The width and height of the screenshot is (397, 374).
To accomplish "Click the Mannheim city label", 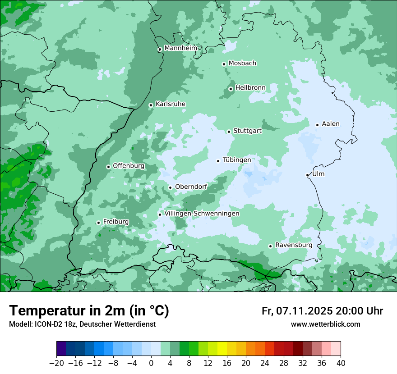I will [181, 48].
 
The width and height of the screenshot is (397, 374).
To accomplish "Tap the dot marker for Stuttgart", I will [229, 132].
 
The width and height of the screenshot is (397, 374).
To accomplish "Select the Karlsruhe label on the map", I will [171, 104].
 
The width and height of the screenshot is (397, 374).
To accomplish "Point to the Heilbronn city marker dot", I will [231, 89].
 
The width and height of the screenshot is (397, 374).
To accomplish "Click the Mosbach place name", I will [242, 64].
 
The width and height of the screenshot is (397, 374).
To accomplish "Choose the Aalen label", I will [331, 124].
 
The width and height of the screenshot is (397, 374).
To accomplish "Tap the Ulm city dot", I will [308, 175].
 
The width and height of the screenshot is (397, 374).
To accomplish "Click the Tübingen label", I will [237, 160].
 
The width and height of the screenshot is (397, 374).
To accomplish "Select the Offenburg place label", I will [129, 166].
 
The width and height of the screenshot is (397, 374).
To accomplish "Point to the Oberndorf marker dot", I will [171, 187].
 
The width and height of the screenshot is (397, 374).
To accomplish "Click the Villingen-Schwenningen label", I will [202, 214].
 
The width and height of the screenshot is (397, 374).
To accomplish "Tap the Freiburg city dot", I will [98, 223].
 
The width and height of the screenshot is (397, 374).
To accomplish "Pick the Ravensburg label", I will [294, 245].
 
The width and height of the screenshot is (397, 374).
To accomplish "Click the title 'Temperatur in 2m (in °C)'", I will [89, 310].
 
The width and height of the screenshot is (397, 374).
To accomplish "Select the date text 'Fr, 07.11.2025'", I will [297, 311].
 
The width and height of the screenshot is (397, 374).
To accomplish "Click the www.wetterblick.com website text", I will [325, 324].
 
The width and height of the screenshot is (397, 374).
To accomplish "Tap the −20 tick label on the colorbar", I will [56, 363].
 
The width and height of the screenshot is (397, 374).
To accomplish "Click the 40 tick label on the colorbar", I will [341, 363].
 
